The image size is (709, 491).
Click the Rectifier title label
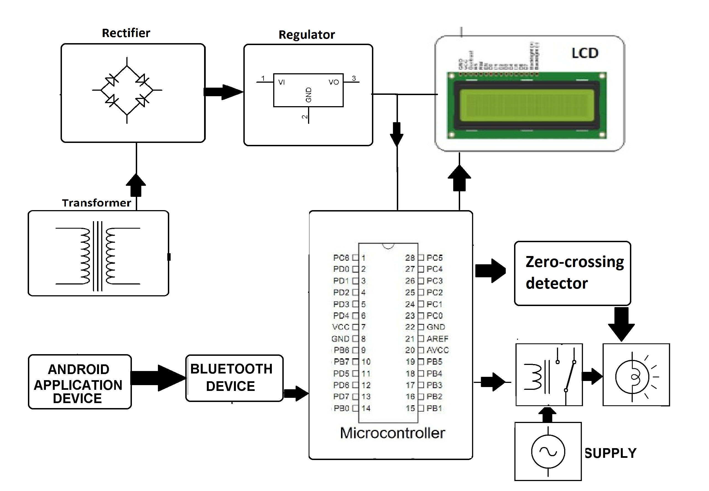126,33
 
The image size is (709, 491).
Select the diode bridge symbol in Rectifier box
127,90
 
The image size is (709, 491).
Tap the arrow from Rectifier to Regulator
223,92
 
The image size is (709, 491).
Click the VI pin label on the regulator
281,82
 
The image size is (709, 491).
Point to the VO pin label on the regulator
333,82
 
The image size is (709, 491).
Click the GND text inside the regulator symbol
309,95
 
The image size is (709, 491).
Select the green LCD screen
526,106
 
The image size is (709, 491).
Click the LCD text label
585,53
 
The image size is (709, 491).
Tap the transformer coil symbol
98,256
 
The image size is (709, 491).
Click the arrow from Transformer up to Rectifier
136,185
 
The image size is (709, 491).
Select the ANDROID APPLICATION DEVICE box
80,382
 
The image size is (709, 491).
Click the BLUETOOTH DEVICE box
234,378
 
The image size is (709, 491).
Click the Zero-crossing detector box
572,273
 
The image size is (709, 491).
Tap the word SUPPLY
610,453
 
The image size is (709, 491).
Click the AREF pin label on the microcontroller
437,339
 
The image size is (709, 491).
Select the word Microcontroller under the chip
392,433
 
